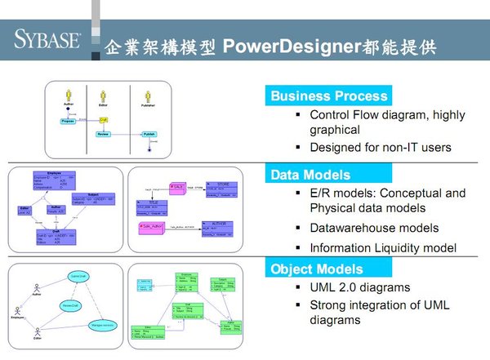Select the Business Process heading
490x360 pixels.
[328, 96]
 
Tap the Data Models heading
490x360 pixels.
[310, 174]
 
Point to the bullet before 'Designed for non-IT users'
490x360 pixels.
[299, 148]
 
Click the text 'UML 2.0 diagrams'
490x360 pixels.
[360, 287]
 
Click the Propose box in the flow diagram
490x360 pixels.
[68, 122]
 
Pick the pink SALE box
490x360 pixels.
[175, 187]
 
